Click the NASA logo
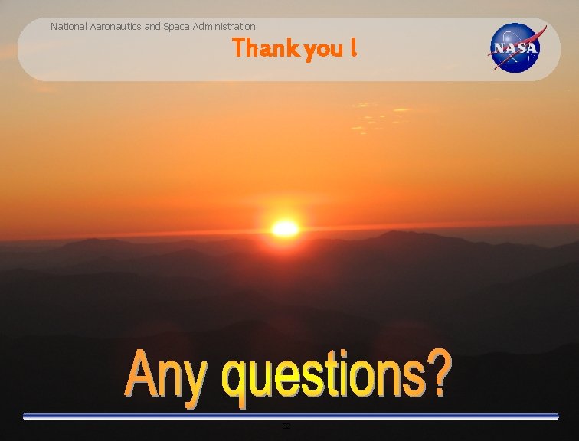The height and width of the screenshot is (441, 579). click(x=516, y=48)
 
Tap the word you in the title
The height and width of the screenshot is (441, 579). click(x=324, y=51)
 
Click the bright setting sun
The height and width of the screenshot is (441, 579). click(x=285, y=228)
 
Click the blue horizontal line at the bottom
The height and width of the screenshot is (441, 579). click(x=291, y=416)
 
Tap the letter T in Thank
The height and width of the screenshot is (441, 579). click(x=240, y=48)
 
